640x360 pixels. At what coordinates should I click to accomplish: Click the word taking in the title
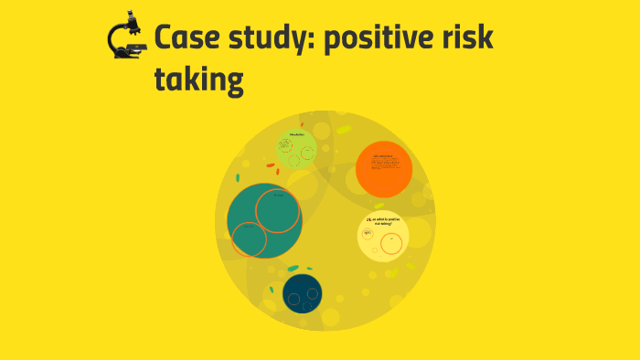(x=199, y=81)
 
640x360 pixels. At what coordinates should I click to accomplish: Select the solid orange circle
(x=384, y=169)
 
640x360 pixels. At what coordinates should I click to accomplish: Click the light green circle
(x=296, y=149)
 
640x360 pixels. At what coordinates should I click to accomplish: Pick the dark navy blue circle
(x=302, y=294)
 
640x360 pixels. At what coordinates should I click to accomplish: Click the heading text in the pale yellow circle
(x=383, y=221)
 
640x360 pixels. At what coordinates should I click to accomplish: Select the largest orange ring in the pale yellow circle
(x=392, y=243)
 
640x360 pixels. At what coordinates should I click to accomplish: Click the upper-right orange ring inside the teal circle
(x=278, y=211)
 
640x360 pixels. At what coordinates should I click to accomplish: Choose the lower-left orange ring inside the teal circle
(x=249, y=239)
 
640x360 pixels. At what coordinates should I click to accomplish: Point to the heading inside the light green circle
(x=296, y=135)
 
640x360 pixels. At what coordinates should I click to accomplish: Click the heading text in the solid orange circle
(x=382, y=156)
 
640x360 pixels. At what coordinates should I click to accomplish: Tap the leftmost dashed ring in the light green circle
(x=284, y=146)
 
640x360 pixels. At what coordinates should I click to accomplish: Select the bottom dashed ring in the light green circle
(x=294, y=161)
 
